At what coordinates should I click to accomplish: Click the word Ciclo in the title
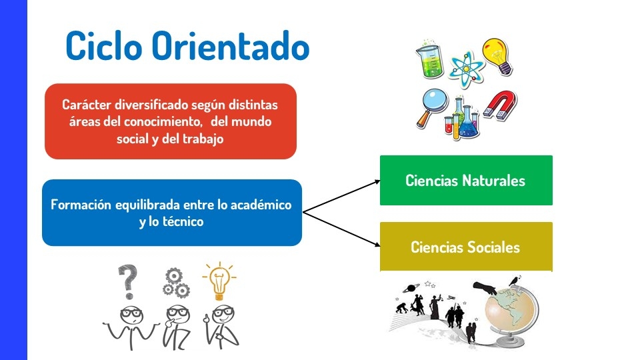[104, 46]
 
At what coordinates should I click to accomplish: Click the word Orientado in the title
[231, 46]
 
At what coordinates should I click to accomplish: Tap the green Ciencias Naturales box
[466, 180]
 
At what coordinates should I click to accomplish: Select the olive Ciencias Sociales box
[466, 247]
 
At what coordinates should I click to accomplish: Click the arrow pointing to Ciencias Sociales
[341, 229]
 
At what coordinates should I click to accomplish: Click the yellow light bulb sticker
[497, 56]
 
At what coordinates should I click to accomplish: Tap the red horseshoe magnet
[501, 106]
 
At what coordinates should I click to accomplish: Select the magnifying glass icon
[432, 107]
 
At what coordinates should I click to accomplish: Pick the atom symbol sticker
[466, 69]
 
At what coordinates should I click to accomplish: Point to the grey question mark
[128, 281]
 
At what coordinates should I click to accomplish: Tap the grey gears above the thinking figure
[175, 283]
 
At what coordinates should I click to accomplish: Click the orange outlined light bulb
[219, 281]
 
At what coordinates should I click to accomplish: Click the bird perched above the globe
[515, 281]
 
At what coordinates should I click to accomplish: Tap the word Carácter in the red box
[87, 105]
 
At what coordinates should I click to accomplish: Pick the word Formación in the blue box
[81, 205]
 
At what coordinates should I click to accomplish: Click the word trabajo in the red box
[203, 139]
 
